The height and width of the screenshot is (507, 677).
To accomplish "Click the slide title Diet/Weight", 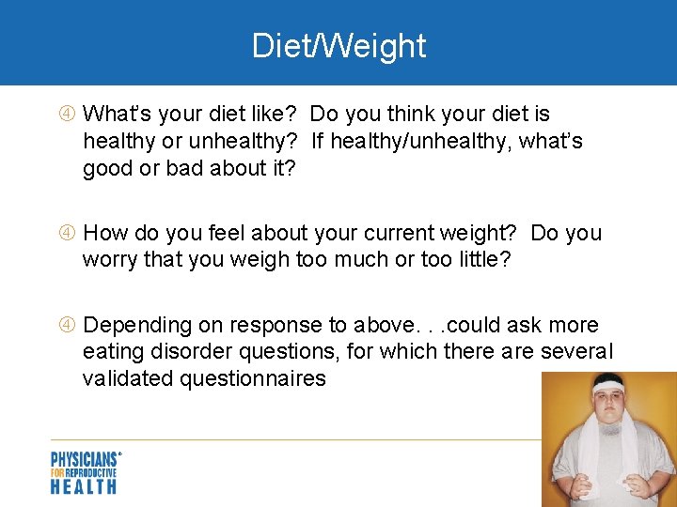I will (338, 45).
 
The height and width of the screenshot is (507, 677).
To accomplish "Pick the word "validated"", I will (126, 378).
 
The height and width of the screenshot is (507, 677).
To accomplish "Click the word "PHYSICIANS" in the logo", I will (84, 460).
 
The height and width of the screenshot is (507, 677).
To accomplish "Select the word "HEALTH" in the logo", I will (84, 486).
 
